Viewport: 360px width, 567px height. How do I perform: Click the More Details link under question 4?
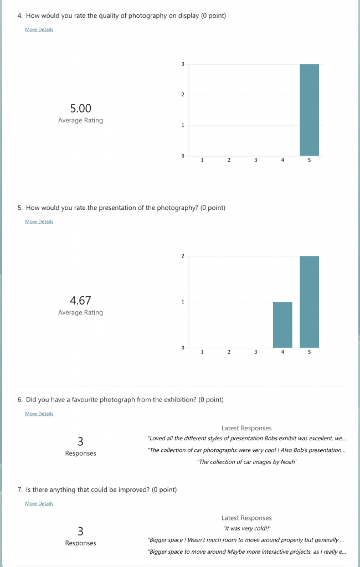[x=39, y=29]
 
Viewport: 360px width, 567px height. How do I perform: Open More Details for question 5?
[x=39, y=221]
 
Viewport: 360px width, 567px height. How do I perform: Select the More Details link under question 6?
[x=39, y=414]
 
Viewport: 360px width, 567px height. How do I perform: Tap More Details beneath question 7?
[x=39, y=503]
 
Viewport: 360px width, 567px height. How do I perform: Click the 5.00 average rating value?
[x=80, y=109]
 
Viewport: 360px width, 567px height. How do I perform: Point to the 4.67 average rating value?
[x=80, y=301]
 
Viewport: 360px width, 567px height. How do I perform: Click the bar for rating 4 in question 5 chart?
[x=282, y=324]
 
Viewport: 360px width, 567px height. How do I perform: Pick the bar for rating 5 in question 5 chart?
[x=309, y=302]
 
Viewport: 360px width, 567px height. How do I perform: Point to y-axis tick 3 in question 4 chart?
[x=183, y=64]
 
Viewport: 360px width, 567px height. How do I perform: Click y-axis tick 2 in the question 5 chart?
[x=183, y=256]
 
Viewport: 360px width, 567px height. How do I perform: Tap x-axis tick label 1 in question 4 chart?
[x=202, y=160]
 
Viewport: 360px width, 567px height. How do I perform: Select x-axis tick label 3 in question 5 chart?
[x=255, y=352]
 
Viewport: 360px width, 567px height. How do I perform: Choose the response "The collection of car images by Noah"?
[x=247, y=462]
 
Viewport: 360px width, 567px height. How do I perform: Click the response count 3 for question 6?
[x=80, y=441]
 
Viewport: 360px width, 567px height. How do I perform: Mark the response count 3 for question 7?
[x=80, y=532]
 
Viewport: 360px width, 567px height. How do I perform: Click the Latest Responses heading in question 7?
[x=246, y=518]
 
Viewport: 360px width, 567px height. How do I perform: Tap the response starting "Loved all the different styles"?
[x=247, y=439]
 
